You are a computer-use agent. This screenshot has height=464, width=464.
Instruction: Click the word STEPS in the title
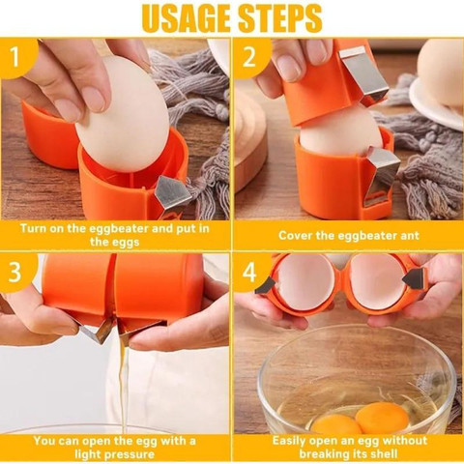pyautogui.click(x=278, y=17)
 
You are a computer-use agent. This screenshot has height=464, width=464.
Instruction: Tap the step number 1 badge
pyautogui.click(x=16, y=57)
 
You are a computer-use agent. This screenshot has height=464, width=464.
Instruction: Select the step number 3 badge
pyautogui.click(x=15, y=272)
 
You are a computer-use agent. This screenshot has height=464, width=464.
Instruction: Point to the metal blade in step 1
pyautogui.click(x=173, y=192)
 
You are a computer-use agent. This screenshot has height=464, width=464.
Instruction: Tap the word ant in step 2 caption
pyautogui.click(x=410, y=235)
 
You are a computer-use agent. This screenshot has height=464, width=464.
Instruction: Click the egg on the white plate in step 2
pyautogui.click(x=441, y=72)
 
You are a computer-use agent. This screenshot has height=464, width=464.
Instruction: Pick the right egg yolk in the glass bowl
pyautogui.click(x=383, y=418)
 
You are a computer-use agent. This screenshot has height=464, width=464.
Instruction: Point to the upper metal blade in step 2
pyautogui.click(x=364, y=73)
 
